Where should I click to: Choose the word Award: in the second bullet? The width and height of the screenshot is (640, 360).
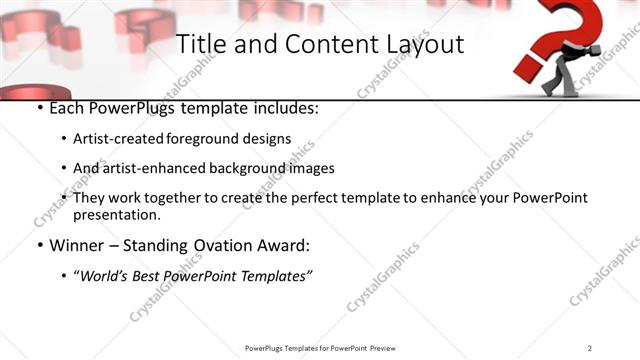[283, 246]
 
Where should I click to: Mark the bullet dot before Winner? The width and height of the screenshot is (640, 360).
[39, 246]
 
